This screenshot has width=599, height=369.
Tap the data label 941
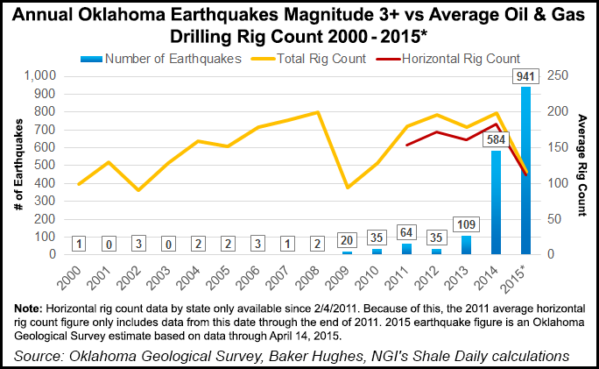[525, 76]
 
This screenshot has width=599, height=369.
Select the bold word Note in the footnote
[28, 309]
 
